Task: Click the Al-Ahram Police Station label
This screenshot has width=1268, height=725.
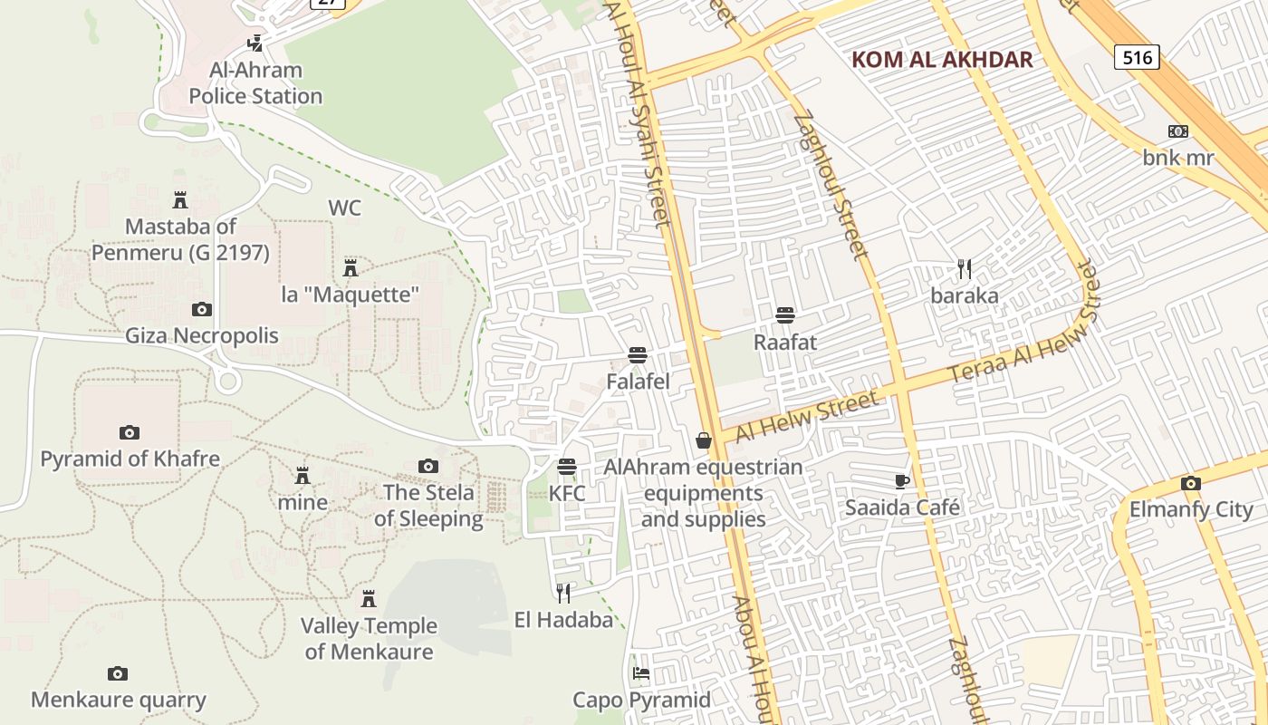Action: pyautogui.click(x=255, y=82)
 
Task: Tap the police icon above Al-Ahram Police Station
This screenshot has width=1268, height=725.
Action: pyautogui.click(x=255, y=42)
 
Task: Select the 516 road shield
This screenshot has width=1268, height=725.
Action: pyautogui.click(x=1137, y=58)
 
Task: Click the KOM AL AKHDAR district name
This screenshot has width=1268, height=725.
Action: pyautogui.click(x=942, y=60)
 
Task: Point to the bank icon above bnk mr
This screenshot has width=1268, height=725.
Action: pyautogui.click(x=1178, y=131)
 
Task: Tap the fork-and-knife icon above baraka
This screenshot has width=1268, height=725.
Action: pyautogui.click(x=965, y=268)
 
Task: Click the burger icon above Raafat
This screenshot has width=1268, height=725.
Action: pyautogui.click(x=785, y=315)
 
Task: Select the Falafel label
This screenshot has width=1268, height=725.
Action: pyautogui.click(x=638, y=382)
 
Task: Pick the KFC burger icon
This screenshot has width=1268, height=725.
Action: pyautogui.click(x=567, y=467)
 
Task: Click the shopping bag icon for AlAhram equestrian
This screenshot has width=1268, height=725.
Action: pyautogui.click(x=704, y=440)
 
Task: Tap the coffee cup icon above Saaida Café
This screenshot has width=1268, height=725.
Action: pyautogui.click(x=901, y=480)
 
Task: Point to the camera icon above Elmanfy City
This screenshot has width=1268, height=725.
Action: pyautogui.click(x=1191, y=483)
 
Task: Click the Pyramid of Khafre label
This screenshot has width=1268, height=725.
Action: pyautogui.click(x=130, y=459)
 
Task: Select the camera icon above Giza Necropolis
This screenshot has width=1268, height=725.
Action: pyautogui.click(x=202, y=310)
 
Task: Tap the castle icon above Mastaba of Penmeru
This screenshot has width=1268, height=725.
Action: pyautogui.click(x=180, y=199)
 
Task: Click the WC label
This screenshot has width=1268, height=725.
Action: pyautogui.click(x=344, y=208)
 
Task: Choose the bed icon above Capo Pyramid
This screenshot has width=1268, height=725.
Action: pyautogui.click(x=641, y=673)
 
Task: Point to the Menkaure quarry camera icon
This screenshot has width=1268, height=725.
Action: pyautogui.click(x=118, y=673)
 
